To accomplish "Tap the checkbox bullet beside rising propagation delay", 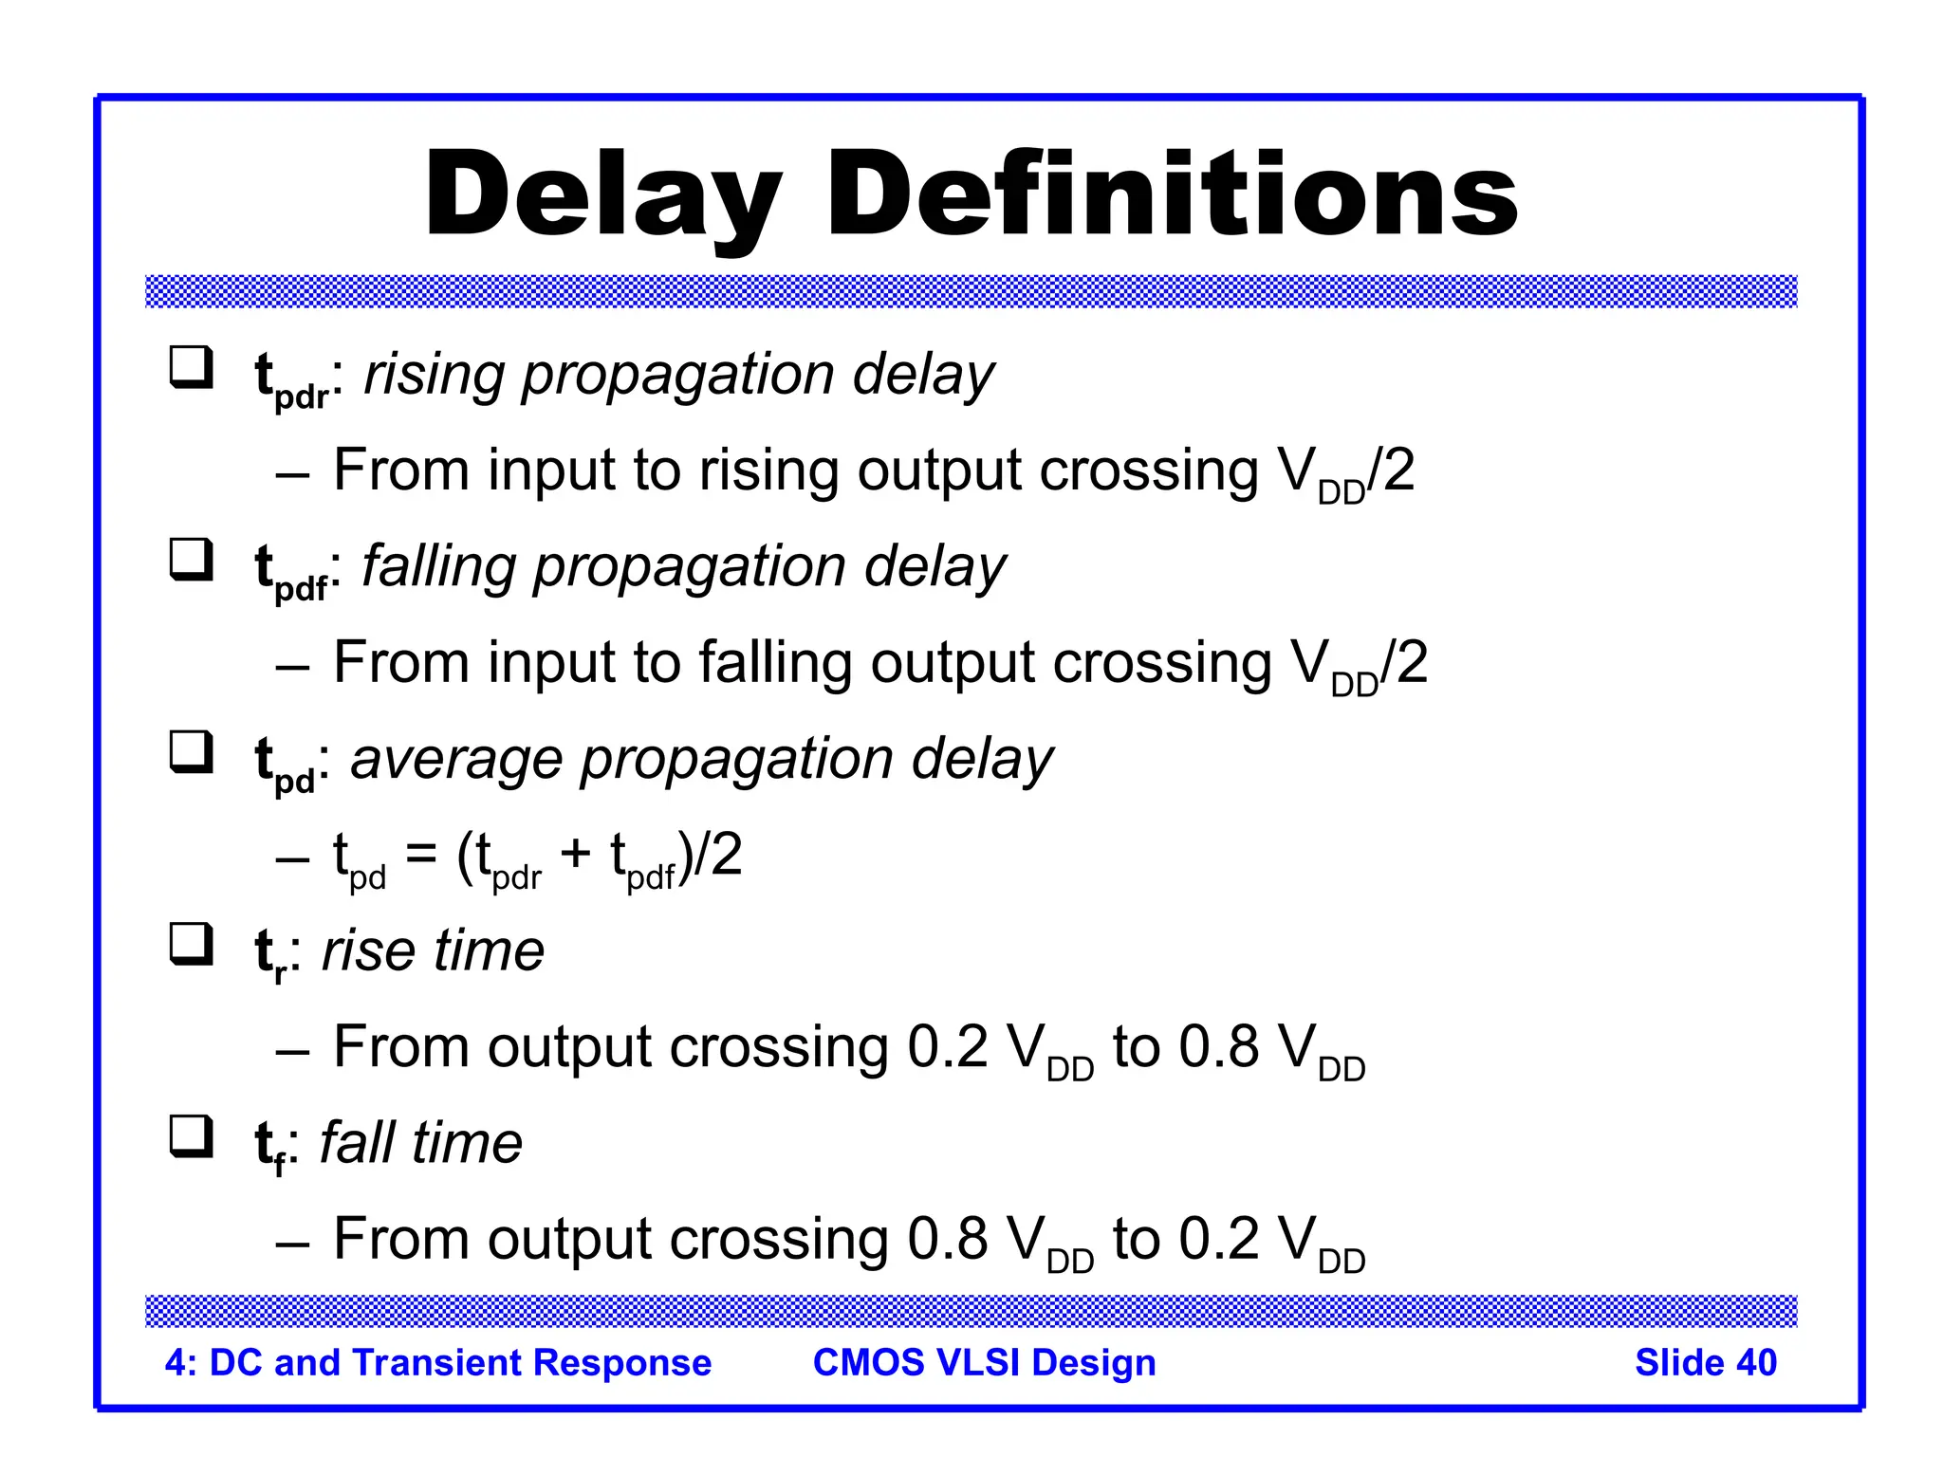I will [x=191, y=368].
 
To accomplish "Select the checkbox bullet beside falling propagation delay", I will [x=191, y=560].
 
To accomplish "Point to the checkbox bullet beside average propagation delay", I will [x=191, y=752].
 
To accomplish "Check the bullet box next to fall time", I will [x=191, y=1136].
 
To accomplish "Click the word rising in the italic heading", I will [x=435, y=376].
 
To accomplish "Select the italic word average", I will [x=456, y=759].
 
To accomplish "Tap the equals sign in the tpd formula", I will [x=421, y=854].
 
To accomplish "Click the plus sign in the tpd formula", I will [x=575, y=854].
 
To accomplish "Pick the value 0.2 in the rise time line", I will [x=947, y=1047].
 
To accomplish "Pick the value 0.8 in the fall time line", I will [x=947, y=1239].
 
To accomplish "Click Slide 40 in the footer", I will [x=1705, y=1362].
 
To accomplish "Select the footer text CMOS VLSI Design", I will [x=984, y=1362].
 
